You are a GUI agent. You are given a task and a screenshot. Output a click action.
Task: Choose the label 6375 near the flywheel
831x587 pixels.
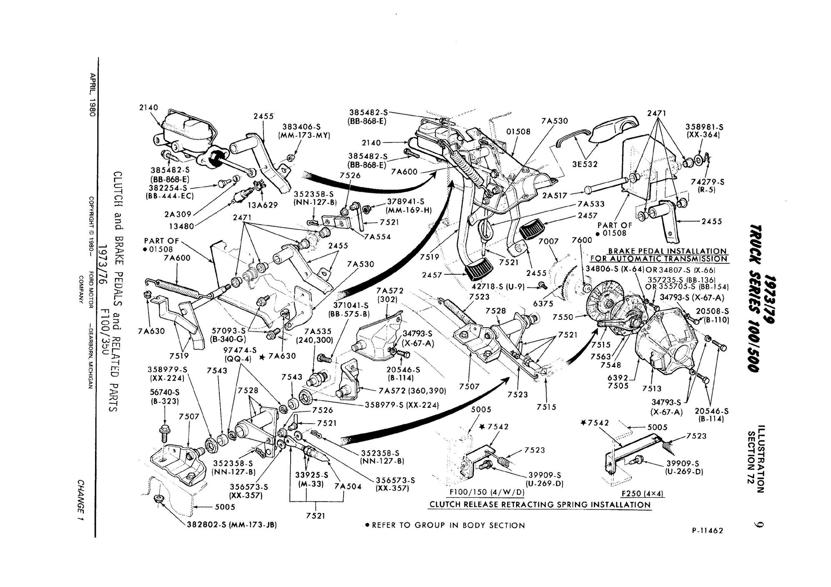pyautogui.click(x=543, y=304)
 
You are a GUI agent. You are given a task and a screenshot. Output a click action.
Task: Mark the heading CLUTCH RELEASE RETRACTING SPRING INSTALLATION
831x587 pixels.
pyautogui.click(x=540, y=504)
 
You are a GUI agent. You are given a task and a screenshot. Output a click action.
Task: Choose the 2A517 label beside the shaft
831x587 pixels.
pyautogui.click(x=555, y=195)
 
